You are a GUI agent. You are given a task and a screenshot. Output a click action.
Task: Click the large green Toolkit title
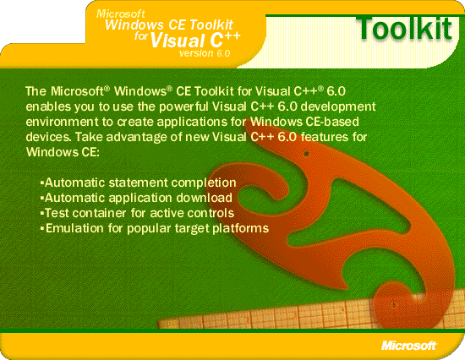click(405, 28)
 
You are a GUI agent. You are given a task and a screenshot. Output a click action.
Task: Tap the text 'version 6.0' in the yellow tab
click(205, 53)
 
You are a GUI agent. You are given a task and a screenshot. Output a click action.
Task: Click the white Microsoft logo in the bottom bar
click(409, 346)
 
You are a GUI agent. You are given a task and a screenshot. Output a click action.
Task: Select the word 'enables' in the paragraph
click(48, 106)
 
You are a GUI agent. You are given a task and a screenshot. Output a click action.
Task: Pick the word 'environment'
click(62, 122)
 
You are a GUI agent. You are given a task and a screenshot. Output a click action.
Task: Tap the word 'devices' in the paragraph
click(48, 137)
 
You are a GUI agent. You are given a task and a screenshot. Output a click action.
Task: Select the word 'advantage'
click(137, 138)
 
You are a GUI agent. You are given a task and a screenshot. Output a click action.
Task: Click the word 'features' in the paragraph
click(325, 137)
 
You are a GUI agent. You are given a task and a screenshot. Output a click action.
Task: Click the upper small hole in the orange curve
click(306, 154)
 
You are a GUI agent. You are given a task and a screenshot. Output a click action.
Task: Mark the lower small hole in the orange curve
click(394, 304)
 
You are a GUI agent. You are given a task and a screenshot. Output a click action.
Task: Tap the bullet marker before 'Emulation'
click(42, 228)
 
